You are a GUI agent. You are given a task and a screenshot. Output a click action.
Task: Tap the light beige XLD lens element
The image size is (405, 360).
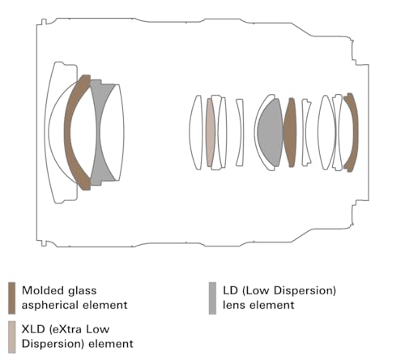point(211,132)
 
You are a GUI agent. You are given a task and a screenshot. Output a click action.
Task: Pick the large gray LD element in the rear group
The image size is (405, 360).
point(270,132)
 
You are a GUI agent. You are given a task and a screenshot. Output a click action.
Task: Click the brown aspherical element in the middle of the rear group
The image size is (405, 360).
point(290,132)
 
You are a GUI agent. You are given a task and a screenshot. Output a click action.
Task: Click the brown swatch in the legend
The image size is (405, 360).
point(11,298)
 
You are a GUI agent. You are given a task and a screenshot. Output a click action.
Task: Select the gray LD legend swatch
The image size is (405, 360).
point(212,298)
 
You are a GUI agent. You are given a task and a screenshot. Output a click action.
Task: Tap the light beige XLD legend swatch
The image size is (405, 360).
point(11,337)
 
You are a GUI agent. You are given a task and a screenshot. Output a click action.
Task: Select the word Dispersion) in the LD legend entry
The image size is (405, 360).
point(305,291)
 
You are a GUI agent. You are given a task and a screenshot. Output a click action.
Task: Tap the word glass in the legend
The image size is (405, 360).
point(83,291)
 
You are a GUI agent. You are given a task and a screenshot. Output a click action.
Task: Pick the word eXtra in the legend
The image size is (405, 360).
point(66,330)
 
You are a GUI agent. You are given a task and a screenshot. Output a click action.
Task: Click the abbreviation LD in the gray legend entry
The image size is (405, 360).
point(230,290)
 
